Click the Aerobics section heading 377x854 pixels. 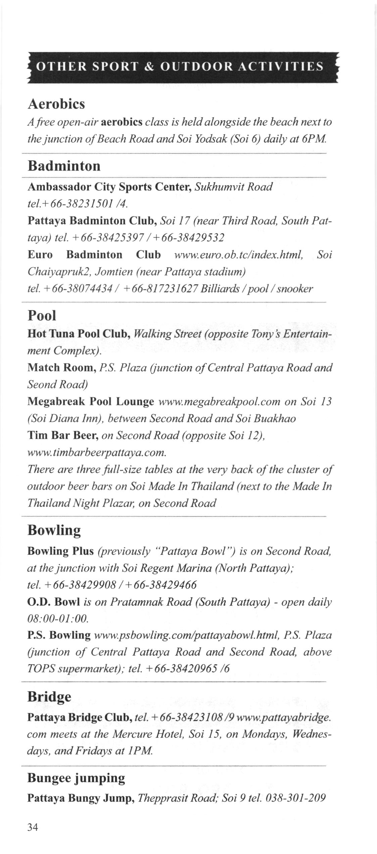(56, 104)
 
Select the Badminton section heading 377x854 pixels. (64, 166)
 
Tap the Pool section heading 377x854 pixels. (41, 315)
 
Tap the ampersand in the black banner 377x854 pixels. (148, 67)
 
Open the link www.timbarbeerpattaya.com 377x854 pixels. (97, 453)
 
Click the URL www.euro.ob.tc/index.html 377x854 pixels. (239, 255)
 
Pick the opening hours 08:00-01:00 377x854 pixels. (57, 618)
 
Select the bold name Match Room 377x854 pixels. (62, 367)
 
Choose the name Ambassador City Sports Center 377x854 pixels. (109, 187)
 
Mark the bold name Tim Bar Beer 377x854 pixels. (62, 436)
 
